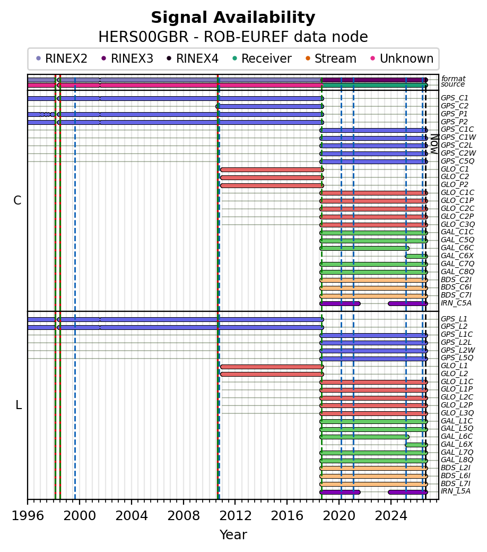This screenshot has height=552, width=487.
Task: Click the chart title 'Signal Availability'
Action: click(x=233, y=18)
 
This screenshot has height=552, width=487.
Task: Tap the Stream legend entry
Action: click(x=331, y=58)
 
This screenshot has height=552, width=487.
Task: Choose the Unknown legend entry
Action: click(x=402, y=58)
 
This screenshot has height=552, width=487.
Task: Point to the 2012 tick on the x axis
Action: click(x=235, y=499)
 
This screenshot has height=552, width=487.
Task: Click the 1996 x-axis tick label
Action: click(x=28, y=516)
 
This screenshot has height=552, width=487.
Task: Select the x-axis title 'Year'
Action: click(x=233, y=535)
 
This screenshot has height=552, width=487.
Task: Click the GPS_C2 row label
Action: click(x=455, y=106)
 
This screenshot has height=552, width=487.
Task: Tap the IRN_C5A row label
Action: click(x=456, y=303)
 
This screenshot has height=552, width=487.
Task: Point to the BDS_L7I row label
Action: click(x=456, y=483)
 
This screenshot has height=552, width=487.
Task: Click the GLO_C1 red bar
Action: click(x=272, y=169)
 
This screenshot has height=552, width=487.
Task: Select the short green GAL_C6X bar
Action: click(x=416, y=256)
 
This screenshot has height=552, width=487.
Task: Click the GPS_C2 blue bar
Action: click(x=269, y=106)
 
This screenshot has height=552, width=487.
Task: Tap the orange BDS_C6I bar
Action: click(x=374, y=288)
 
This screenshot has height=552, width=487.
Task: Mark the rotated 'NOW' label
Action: click(x=434, y=144)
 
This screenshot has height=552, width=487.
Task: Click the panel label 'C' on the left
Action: click(x=17, y=200)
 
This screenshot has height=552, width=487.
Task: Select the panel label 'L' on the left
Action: click(x=19, y=405)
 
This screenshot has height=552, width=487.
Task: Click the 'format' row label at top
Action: click(x=453, y=79)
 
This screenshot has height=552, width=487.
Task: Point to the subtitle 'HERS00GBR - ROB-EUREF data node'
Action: click(x=233, y=37)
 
